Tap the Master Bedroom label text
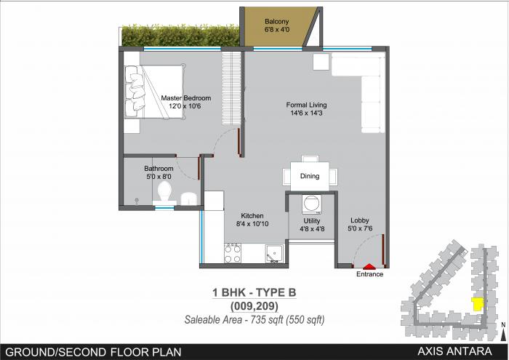(x=185, y=98)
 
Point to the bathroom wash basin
(x=188, y=199)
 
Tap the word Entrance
(x=369, y=275)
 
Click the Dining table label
(x=310, y=176)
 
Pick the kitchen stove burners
(x=233, y=254)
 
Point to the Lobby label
(x=359, y=220)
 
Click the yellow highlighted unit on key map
(x=478, y=304)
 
